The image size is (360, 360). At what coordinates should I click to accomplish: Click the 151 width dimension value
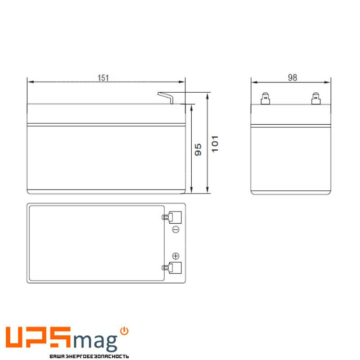(103, 78)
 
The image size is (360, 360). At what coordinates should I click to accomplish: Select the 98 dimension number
(292, 78)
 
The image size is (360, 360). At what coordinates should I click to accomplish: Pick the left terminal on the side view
(265, 98)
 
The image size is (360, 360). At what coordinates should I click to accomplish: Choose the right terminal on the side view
(316, 98)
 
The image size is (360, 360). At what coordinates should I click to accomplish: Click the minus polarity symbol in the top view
(176, 229)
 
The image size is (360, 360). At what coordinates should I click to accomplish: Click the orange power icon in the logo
(125, 331)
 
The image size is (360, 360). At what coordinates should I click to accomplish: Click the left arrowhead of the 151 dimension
(30, 82)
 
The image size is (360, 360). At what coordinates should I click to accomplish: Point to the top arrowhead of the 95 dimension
(192, 108)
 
